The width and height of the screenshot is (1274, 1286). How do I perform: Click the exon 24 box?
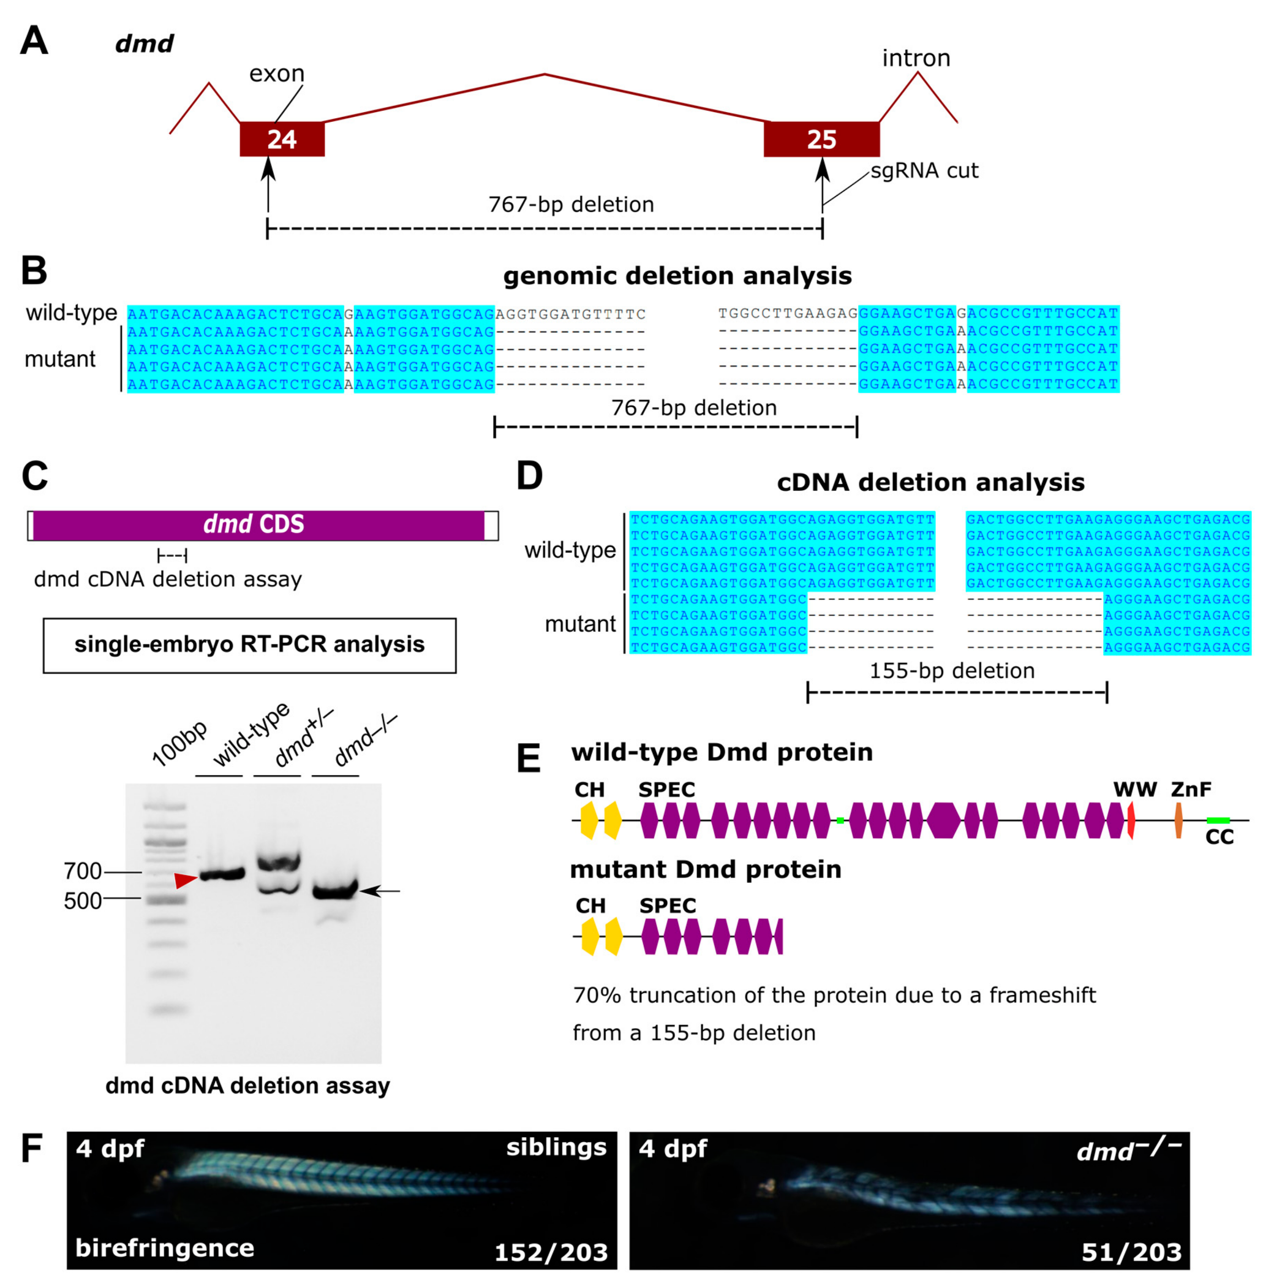pyautogui.click(x=282, y=139)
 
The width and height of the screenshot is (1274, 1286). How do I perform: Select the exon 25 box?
pyautogui.click(x=821, y=139)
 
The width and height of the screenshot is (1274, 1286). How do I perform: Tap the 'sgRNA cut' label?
pyautogui.click(x=924, y=171)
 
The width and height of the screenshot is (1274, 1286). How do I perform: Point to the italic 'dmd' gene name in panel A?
pyautogui.click(x=145, y=44)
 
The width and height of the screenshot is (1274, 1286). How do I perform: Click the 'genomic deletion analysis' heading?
pyautogui.click(x=677, y=276)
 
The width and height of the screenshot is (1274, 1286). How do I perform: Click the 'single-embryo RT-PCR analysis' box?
pyautogui.click(x=249, y=645)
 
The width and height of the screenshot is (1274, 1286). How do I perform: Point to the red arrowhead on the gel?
pyautogui.click(x=185, y=880)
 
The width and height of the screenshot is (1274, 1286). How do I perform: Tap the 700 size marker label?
pyautogui.click(x=83, y=871)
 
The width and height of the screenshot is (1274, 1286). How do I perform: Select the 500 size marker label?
pyautogui.click(x=83, y=901)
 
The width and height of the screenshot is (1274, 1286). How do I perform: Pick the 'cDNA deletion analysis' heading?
pyautogui.click(x=930, y=482)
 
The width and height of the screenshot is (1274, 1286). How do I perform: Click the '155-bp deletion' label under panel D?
pyautogui.click(x=952, y=670)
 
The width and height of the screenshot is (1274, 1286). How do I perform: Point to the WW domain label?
pyautogui.click(x=1135, y=790)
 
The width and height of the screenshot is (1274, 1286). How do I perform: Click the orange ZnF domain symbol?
pyautogui.click(x=1178, y=820)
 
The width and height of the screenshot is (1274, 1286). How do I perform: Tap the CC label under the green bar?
pyautogui.click(x=1219, y=838)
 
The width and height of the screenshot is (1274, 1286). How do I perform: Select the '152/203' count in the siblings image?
pyautogui.click(x=551, y=1253)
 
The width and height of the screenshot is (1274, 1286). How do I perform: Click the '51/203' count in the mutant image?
pyautogui.click(x=1131, y=1253)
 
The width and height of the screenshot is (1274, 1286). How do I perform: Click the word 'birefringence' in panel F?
pyautogui.click(x=165, y=1247)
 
